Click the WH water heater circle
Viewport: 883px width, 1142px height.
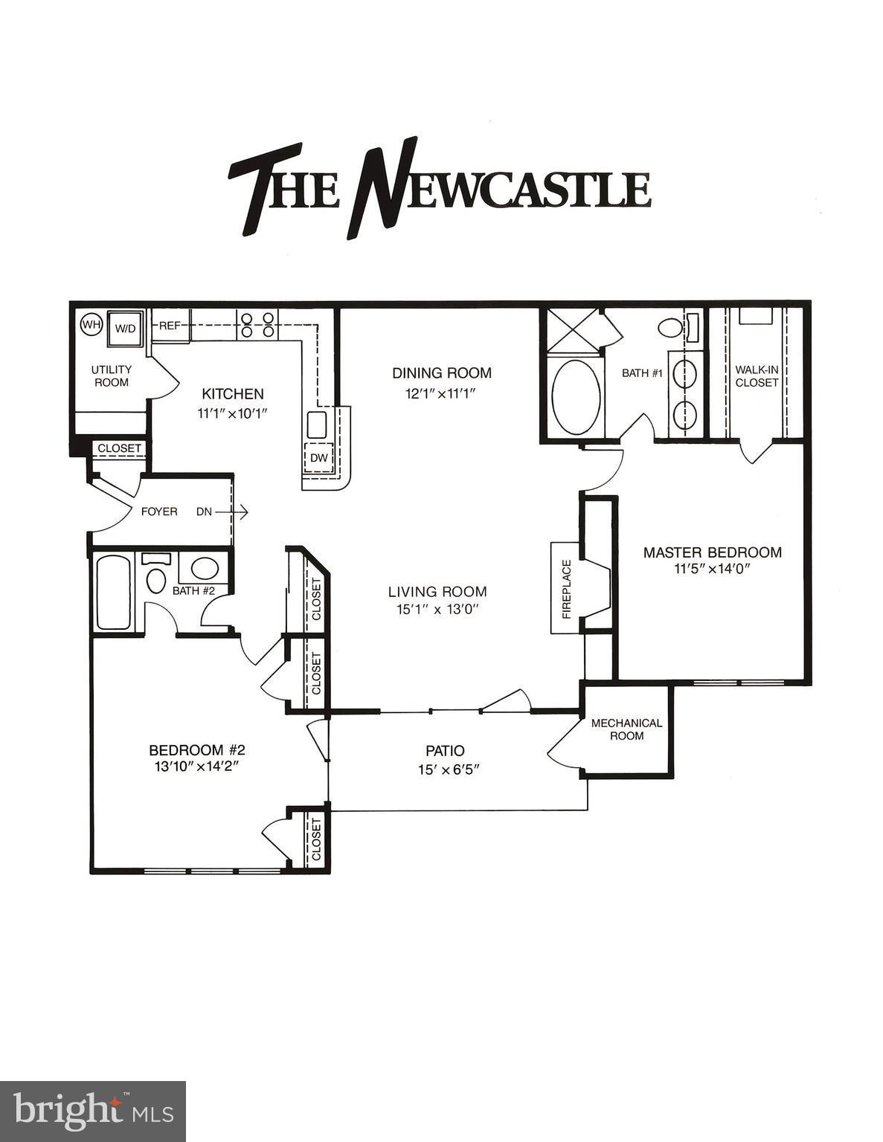90,325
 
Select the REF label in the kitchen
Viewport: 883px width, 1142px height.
170,326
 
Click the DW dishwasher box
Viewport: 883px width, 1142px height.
319,458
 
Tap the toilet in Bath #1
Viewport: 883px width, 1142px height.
671,328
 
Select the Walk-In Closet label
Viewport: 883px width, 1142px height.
757,375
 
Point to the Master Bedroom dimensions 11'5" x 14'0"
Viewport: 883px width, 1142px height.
712,570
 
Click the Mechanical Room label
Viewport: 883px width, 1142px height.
626,729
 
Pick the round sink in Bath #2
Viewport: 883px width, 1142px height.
205,569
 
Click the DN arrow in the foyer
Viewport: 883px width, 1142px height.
223,512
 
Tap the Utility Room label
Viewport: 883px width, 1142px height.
112,375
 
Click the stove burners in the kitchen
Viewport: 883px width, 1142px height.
256,325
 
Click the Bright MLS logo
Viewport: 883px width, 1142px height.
93,1111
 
